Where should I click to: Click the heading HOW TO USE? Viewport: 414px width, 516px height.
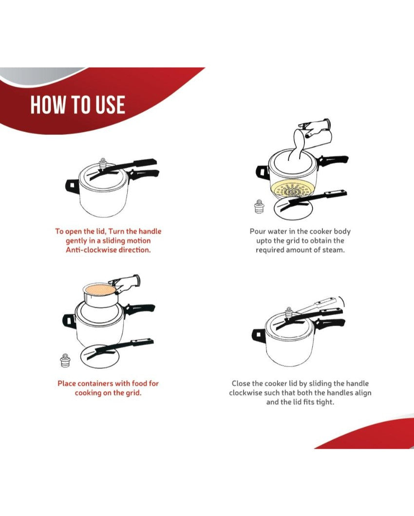pos(78,105)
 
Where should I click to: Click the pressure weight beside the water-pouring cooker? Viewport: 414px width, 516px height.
pos(259,207)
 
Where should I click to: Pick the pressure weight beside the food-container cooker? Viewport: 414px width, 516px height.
pos(65,361)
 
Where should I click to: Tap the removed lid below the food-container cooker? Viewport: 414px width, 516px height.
pos(100,356)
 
